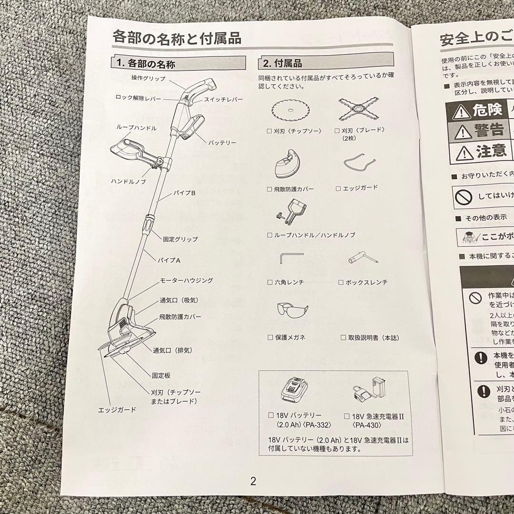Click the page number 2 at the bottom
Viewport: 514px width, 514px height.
pos(253,481)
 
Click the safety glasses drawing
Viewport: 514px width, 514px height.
pos(292,312)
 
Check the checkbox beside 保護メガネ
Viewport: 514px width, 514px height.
pos(270,337)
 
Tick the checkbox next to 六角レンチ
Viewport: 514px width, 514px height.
pos(270,282)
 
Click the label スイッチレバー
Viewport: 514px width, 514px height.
pos(224,99)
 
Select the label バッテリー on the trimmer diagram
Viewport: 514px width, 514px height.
pos(222,142)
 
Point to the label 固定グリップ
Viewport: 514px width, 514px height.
pos(180,239)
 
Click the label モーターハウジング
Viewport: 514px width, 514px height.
pos(186,281)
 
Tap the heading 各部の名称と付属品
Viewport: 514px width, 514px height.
pos(177,37)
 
